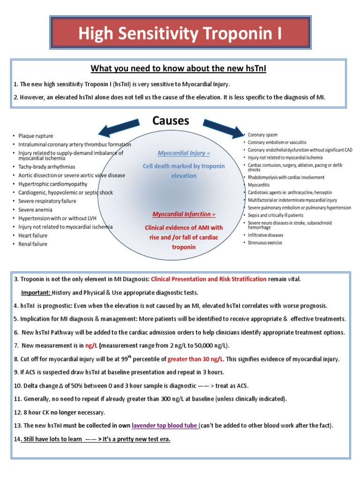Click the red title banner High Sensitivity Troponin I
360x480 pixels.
180,34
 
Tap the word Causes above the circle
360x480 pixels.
171,120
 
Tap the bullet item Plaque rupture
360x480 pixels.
36,136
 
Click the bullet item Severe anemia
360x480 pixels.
35,210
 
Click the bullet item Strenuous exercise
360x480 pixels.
265,242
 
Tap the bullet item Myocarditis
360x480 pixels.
260,185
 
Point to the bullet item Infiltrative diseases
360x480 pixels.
265,234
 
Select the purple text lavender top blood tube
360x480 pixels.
165,426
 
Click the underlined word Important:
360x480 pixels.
36,292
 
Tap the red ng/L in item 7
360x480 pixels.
91,345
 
